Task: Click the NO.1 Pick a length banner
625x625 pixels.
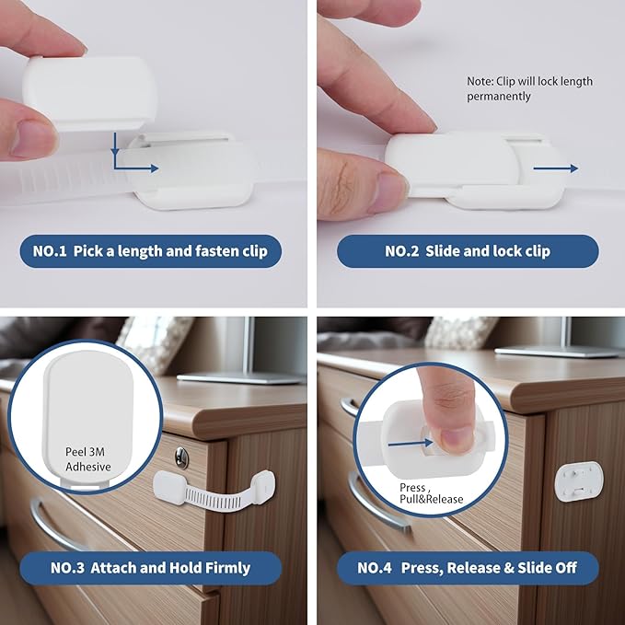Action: (150, 251)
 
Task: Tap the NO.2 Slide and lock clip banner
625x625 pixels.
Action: (468, 251)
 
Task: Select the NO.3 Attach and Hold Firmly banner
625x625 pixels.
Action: (150, 568)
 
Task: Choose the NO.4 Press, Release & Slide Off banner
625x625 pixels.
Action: (468, 568)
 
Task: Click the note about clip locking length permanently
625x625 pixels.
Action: (529, 88)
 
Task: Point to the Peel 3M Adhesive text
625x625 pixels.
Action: (87, 459)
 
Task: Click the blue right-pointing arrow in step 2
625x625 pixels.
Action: (555, 168)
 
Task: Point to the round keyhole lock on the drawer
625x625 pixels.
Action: (182, 454)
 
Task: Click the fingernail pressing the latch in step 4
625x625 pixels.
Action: (454, 437)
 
